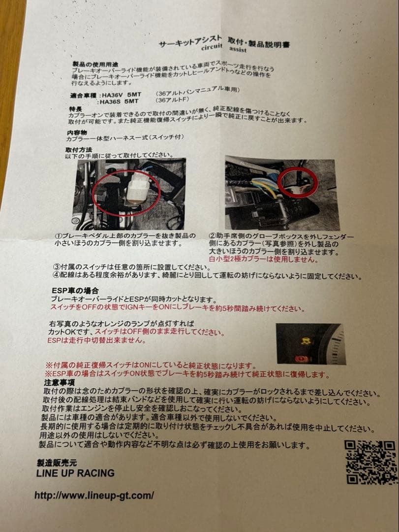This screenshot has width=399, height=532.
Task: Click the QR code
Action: [x=370, y=462]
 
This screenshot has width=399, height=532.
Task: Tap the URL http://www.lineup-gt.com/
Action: [x=94, y=495]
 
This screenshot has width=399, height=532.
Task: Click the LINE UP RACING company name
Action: [x=75, y=473]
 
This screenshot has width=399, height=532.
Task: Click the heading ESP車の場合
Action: [x=75, y=291]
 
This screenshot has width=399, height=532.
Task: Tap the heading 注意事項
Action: [x=59, y=382]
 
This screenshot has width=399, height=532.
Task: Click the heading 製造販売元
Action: [x=57, y=462]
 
